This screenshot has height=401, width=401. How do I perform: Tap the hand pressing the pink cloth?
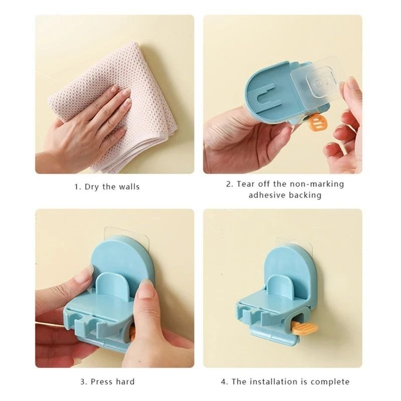(84, 128)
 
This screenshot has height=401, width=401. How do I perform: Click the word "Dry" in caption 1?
(92, 186)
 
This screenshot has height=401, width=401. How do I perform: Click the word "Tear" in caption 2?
(246, 184)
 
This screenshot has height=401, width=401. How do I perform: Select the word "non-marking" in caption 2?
(318, 184)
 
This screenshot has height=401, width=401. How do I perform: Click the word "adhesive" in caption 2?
(267, 195)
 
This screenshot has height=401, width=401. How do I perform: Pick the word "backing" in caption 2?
(305, 195)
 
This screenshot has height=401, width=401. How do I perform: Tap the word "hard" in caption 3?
(125, 382)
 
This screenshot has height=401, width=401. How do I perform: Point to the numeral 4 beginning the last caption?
(223, 382)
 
